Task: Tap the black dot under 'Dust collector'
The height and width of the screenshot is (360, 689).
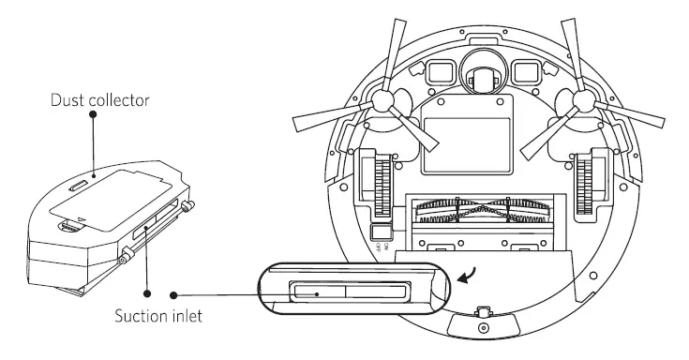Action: coord(93,113)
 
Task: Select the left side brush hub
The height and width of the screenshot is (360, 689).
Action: coord(383,104)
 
